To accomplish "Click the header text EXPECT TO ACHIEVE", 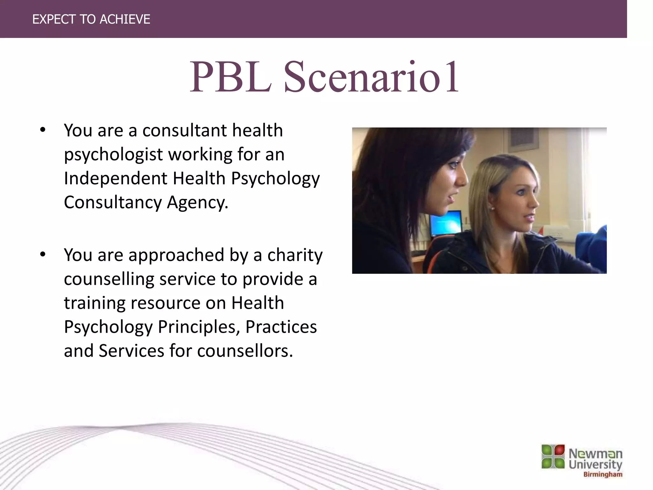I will [91, 19].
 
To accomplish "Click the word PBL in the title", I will [230, 77].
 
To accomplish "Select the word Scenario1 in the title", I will [371, 77].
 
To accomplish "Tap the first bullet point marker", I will [43, 130].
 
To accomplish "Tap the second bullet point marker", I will [43, 255].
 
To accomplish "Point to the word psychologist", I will [113, 155].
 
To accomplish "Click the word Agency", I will [197, 202].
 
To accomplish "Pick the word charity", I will [295, 255].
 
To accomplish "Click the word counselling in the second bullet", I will [109, 279].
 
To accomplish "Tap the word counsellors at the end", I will [245, 351].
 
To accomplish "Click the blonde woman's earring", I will [493, 208].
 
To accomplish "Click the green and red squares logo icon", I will [553, 457].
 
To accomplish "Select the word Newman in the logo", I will [595, 453].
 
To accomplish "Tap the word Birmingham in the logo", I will [603, 474].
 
